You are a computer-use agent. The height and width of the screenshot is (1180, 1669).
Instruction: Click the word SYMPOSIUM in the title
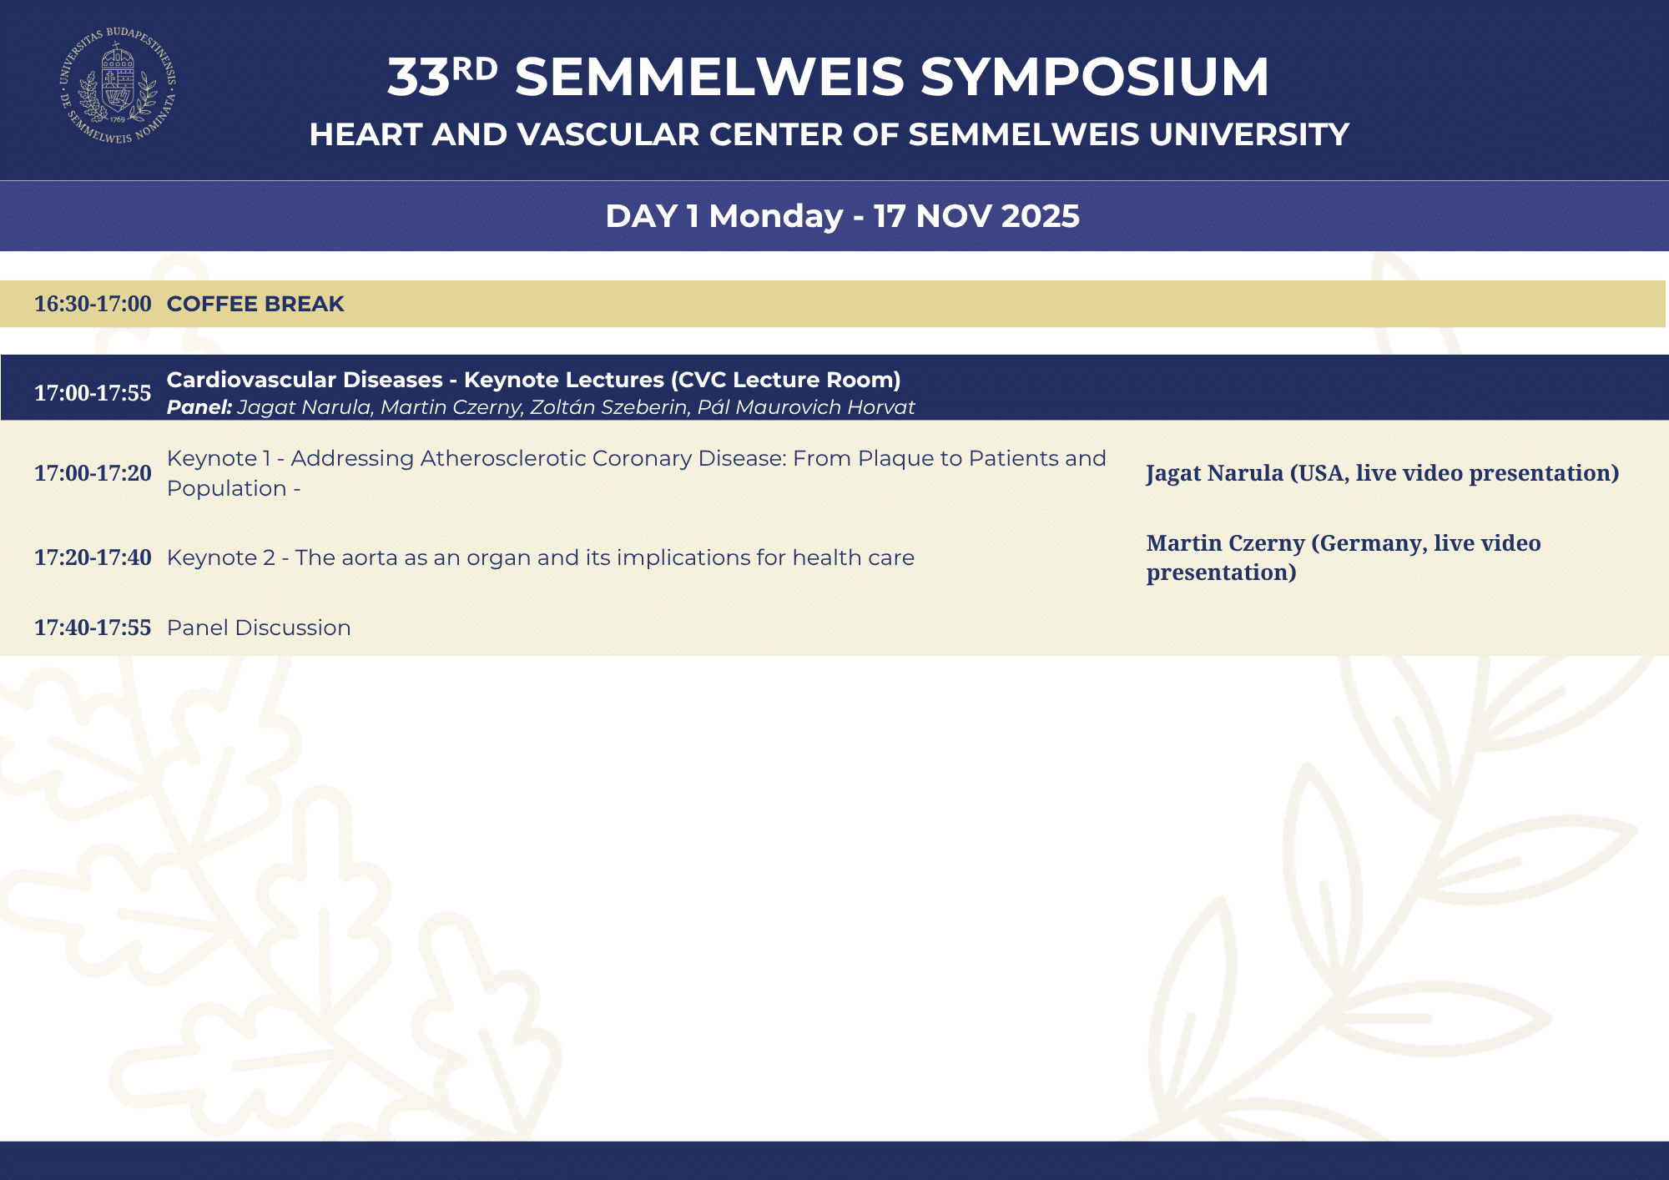tap(1095, 77)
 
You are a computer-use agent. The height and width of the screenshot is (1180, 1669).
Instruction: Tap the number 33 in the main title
tap(419, 78)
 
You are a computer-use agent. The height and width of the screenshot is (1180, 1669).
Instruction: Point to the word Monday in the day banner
tap(776, 216)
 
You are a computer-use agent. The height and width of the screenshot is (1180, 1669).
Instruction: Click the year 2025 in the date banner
tap(1040, 216)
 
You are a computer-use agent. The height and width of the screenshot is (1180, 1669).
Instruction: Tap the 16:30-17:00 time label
tap(93, 304)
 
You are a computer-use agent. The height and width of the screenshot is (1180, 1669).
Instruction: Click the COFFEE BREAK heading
tap(255, 304)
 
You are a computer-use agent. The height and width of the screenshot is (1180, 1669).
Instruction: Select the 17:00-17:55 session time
tap(93, 393)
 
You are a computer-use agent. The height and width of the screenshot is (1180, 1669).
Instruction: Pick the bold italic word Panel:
tap(199, 407)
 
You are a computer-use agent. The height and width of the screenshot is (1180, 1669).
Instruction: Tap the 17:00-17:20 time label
tap(93, 473)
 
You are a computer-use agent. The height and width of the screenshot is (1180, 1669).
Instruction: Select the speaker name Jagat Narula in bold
tap(1215, 473)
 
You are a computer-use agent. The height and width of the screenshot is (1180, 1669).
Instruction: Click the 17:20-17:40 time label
tap(93, 557)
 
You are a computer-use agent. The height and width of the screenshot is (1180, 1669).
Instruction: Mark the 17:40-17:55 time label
tap(93, 628)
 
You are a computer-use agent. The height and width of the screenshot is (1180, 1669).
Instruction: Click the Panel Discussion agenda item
tap(259, 628)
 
